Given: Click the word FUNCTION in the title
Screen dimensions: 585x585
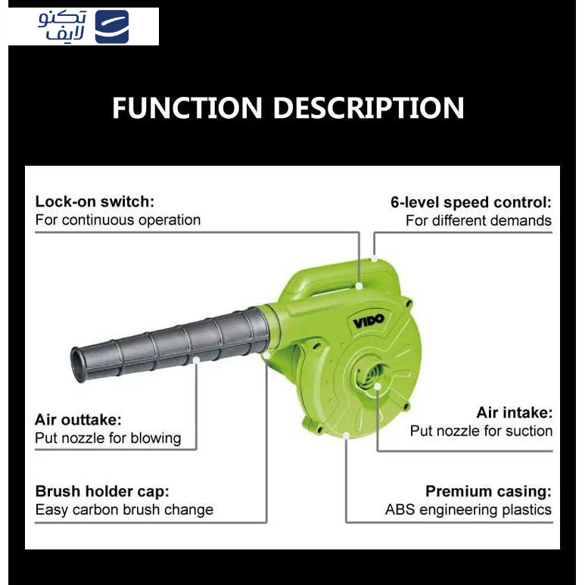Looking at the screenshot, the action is (x=187, y=107).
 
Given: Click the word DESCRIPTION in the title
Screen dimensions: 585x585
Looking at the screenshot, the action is (x=369, y=107).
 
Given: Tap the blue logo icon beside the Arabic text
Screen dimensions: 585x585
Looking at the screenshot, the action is (x=112, y=26).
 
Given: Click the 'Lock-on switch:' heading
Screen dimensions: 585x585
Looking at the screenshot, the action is (x=95, y=201).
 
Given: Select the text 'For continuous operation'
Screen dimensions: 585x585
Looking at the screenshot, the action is (x=118, y=220).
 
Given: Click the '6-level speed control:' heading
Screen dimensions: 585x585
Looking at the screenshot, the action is (x=471, y=202).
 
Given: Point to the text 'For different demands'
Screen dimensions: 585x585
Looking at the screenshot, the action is (x=478, y=220).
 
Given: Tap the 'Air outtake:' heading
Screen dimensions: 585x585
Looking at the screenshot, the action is (x=78, y=420).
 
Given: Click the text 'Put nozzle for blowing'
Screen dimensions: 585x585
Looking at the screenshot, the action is (x=107, y=438).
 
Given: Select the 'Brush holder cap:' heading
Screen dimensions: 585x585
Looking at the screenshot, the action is (x=102, y=491).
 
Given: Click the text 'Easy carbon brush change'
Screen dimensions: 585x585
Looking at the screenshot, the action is (x=124, y=509).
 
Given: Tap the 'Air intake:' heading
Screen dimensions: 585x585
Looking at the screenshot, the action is (x=515, y=412).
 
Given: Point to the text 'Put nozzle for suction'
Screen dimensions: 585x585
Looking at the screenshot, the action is (x=481, y=431).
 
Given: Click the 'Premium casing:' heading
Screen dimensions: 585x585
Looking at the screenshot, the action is (x=488, y=491).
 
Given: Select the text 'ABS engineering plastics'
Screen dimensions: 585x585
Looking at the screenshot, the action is (x=468, y=509).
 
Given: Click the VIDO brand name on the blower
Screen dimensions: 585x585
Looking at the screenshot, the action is (x=369, y=321).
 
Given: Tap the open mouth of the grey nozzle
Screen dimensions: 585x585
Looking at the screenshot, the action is (x=77, y=364).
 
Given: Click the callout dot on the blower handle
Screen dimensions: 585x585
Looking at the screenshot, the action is (x=359, y=286).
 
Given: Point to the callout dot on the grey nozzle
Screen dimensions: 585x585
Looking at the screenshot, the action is (x=196, y=359).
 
